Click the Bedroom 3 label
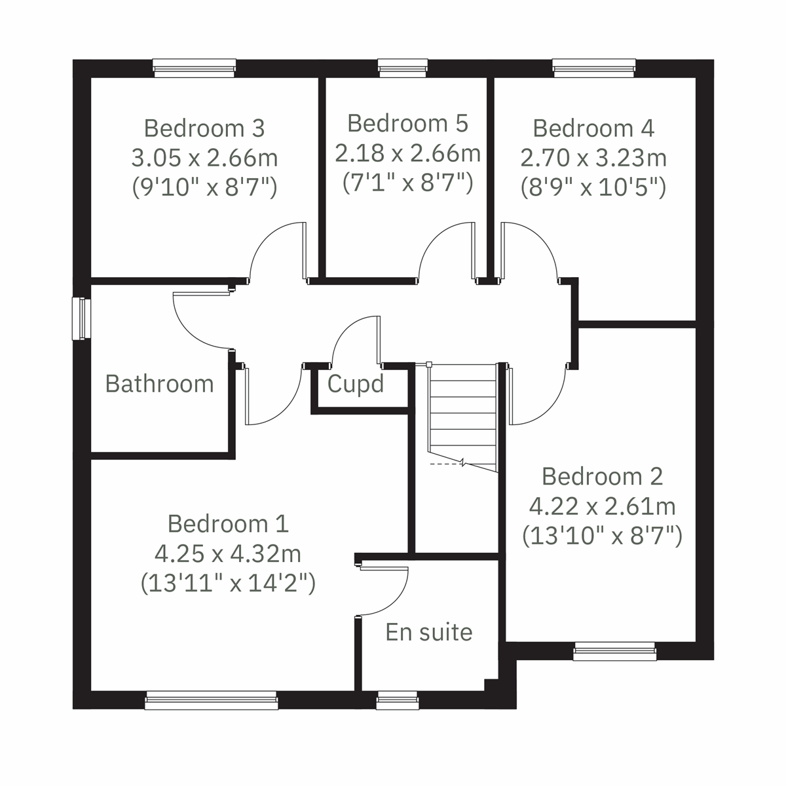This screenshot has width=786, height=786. coord(204,128)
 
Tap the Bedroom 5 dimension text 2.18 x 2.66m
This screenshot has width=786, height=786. coord(407,153)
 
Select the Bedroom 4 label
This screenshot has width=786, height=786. coord(593,128)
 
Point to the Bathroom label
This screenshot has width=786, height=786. coord(159,383)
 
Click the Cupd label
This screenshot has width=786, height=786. coord(355,384)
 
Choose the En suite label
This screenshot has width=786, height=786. coord(429,632)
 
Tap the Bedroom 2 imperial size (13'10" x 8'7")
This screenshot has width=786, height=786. coord(602,536)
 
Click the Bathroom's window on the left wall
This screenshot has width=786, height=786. coord(81,319)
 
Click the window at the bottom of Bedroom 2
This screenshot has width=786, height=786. coord(615,653)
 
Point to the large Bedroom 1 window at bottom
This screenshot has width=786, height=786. coord(212,701)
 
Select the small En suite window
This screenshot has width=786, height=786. coord(398,701)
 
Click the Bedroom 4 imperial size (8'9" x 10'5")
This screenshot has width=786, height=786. coord(593,188)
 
